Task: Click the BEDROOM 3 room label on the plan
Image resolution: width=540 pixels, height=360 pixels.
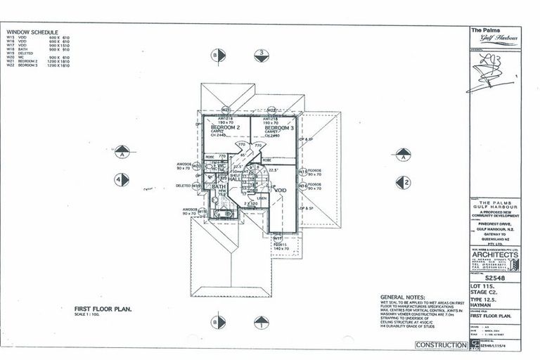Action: tap(278, 127)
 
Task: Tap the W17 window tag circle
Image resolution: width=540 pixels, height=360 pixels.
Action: tap(278, 238)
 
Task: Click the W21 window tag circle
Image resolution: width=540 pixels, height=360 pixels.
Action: tap(226, 110)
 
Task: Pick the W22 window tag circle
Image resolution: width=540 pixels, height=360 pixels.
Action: tap(270, 110)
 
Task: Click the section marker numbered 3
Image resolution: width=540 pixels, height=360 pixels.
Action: tap(261, 53)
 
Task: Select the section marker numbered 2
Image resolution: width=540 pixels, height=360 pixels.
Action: tap(403, 183)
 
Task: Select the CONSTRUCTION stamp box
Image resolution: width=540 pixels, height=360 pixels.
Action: tap(441, 345)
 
